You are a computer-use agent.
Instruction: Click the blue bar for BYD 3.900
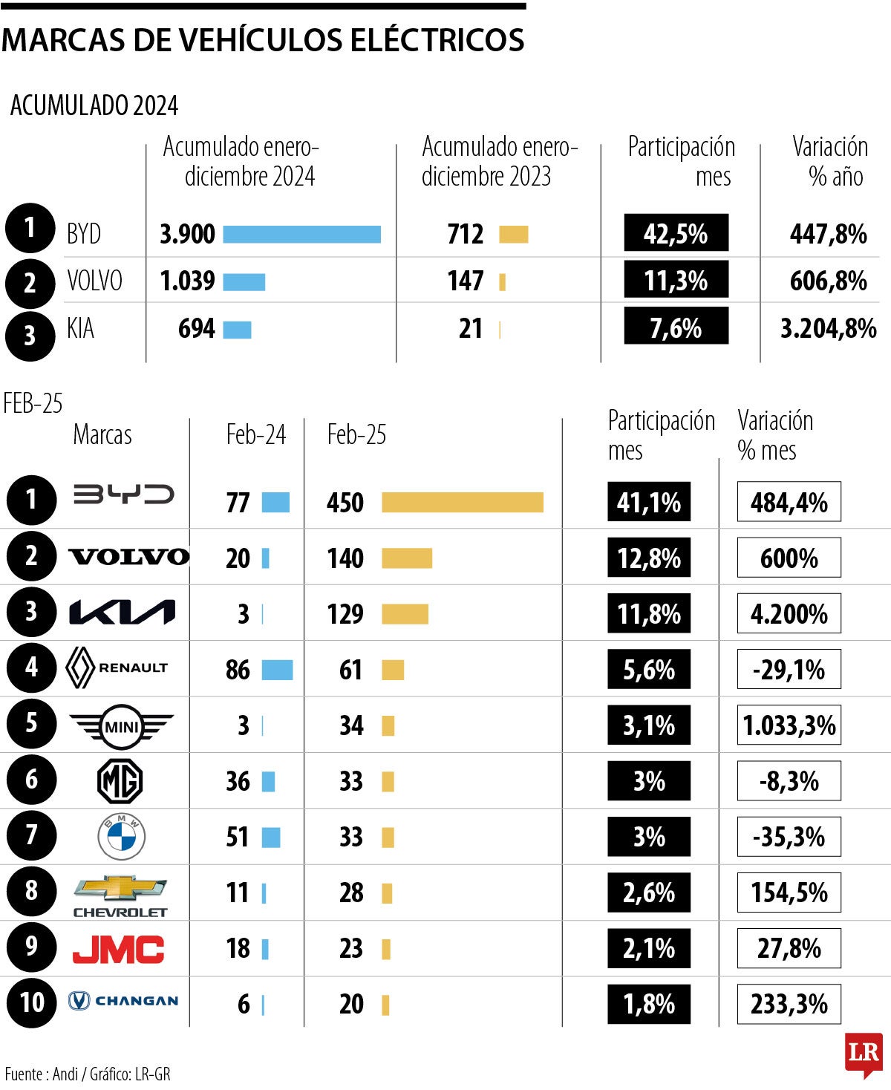[301, 235]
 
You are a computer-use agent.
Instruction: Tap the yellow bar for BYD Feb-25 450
[462, 503]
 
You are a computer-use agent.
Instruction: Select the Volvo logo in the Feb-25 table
[128, 557]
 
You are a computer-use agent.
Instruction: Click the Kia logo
[122, 613]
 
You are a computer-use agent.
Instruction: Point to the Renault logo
[117, 668]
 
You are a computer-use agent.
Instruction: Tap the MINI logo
[121, 725]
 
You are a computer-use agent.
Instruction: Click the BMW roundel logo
[122, 837]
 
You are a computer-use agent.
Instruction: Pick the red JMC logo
[118, 949]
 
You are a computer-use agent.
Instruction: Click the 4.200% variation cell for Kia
[789, 614]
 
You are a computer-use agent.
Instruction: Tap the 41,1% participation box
[648, 503]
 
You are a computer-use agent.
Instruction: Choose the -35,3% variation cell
[789, 837]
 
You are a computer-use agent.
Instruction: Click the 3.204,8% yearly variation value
[827, 328]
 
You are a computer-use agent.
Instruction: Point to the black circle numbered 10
[31, 1003]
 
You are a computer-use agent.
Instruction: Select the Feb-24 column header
[255, 434]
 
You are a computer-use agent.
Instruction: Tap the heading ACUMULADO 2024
[94, 105]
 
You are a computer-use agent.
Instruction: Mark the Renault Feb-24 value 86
[238, 670]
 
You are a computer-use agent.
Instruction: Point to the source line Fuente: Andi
[87, 1074]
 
